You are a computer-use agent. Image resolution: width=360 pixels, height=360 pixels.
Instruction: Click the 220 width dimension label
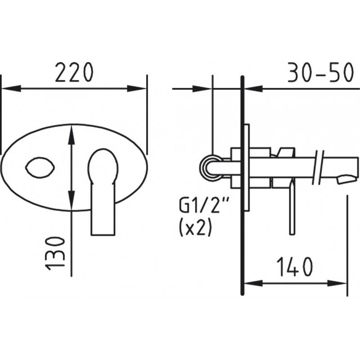click(x=74, y=72)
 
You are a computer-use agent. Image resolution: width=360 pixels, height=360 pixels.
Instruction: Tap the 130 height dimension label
click(x=55, y=253)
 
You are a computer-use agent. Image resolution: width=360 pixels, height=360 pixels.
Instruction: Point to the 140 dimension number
click(x=295, y=266)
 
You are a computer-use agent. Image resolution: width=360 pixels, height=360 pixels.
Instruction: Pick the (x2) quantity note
click(x=194, y=228)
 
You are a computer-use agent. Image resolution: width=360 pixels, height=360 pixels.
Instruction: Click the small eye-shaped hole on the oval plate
click(x=40, y=167)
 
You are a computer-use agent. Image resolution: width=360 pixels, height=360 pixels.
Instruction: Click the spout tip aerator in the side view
click(x=347, y=179)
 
